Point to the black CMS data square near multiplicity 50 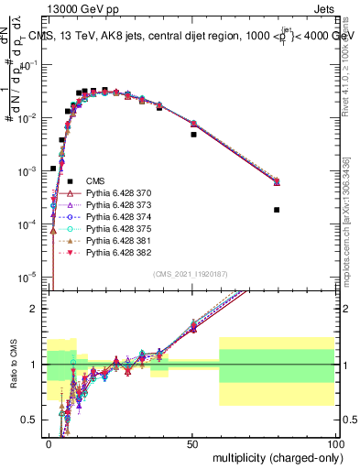pyautogui.click(x=193, y=135)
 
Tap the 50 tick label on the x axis pyautogui.click(x=193, y=442)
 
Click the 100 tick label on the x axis pyautogui.click(x=335, y=442)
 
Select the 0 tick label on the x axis pyautogui.click(x=49, y=442)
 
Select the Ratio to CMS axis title pyautogui.click(x=11, y=366)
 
